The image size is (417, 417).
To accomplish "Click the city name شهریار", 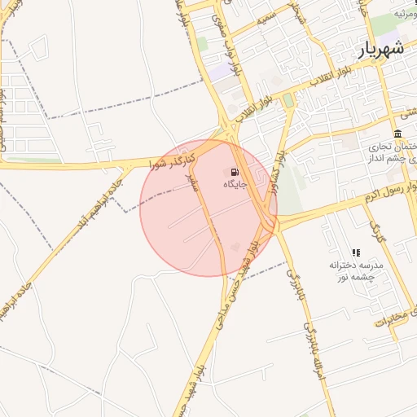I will (380, 49).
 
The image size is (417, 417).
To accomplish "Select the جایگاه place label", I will (235, 185).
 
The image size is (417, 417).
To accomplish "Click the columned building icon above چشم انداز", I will (397, 134).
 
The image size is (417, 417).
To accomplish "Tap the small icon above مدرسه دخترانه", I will (355, 252).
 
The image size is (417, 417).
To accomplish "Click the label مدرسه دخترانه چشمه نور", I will (355, 271).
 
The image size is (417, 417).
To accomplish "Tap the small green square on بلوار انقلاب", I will (288, 100).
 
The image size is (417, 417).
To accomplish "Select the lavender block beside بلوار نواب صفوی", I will (220, 71).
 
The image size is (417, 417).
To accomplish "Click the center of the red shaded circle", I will (208, 208).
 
